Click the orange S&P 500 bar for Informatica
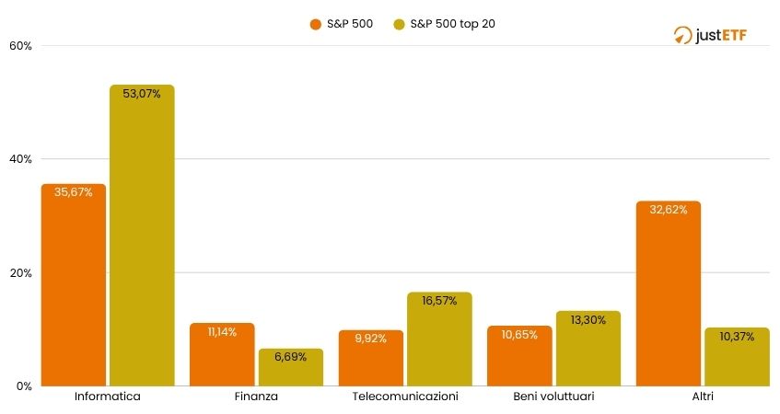pyautogui.click(x=73, y=285)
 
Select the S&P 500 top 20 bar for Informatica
pyautogui.click(x=142, y=236)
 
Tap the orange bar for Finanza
pyautogui.click(x=222, y=355)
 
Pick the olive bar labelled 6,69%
pyautogui.click(x=291, y=367)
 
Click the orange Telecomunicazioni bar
pyautogui.click(x=371, y=358)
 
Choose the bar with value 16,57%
pyautogui.click(x=439, y=339)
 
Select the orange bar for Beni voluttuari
pyautogui.click(x=519, y=356)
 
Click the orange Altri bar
pyautogui.click(x=669, y=293)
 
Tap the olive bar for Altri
pyautogui.click(x=737, y=357)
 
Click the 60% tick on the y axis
pyautogui.click(x=20, y=45)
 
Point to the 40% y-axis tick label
pyautogui.click(x=20, y=159)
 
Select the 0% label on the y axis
pyautogui.click(x=24, y=386)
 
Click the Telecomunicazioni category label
pyautogui.click(x=405, y=397)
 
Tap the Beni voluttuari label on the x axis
pyautogui.click(x=553, y=397)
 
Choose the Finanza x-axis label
pyautogui.click(x=256, y=397)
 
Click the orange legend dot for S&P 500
pyautogui.click(x=315, y=24)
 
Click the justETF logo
pyautogui.click(x=709, y=35)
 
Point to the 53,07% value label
pyautogui.click(x=142, y=94)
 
